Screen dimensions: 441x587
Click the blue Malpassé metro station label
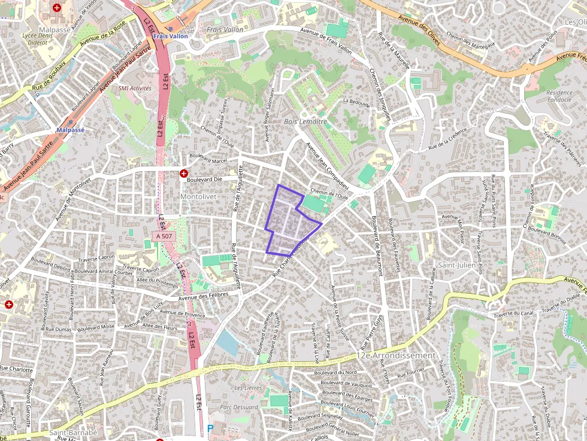[70, 130]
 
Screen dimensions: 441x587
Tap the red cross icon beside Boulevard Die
[183, 173]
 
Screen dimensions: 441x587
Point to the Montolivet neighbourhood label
[198, 196]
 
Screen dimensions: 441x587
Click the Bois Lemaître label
[305, 121]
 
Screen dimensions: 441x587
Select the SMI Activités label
[135, 88]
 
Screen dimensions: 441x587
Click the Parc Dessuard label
[239, 407]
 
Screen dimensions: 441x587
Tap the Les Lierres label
[248, 388]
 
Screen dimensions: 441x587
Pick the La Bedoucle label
[356, 102]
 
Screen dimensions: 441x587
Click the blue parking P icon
[210, 428]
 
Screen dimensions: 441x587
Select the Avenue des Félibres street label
[204, 297]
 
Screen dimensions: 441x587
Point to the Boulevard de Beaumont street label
[376, 245]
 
